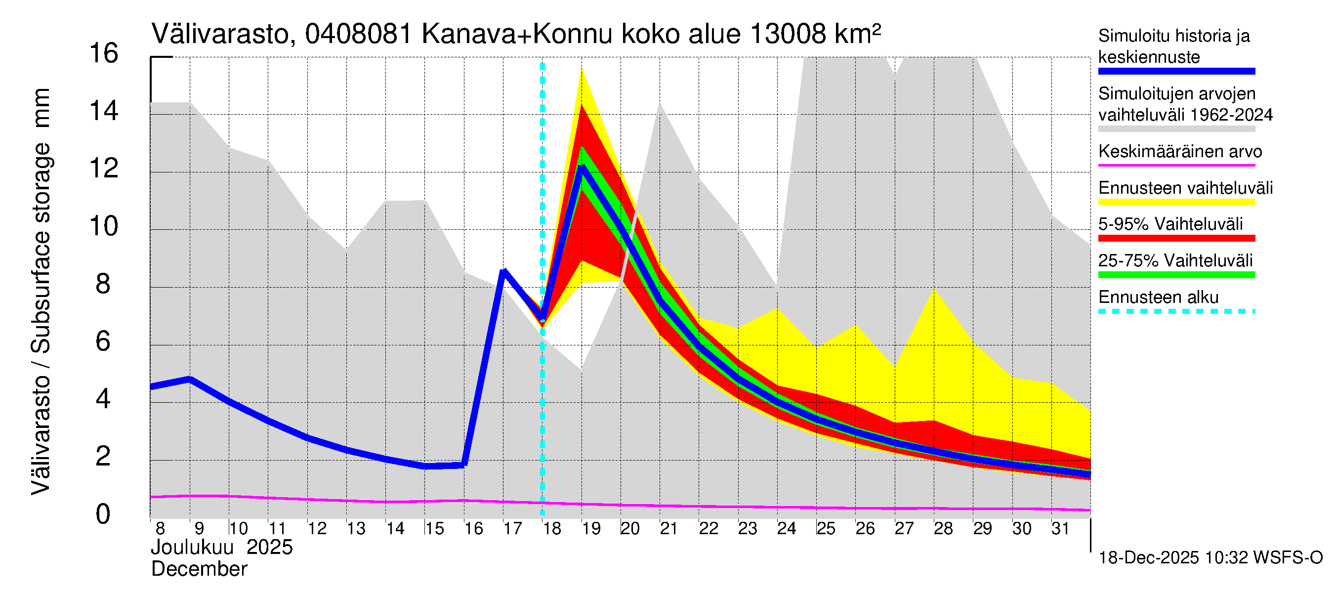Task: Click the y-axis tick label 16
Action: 104,54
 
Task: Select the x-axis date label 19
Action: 591,529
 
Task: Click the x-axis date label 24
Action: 786,529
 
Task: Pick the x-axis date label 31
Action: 1060,529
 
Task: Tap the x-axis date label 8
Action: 160,529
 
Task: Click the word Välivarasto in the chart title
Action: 219,35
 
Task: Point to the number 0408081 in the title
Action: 358,35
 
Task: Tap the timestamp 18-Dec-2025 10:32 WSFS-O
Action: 1210,558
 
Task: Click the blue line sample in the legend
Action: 1176,72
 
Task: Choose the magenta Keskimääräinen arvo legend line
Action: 1176,165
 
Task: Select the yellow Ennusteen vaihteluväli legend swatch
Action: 1176,202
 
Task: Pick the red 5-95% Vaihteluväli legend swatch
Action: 1176,238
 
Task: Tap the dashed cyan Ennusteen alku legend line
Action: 1176,311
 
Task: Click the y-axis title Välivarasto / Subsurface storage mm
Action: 41,291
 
